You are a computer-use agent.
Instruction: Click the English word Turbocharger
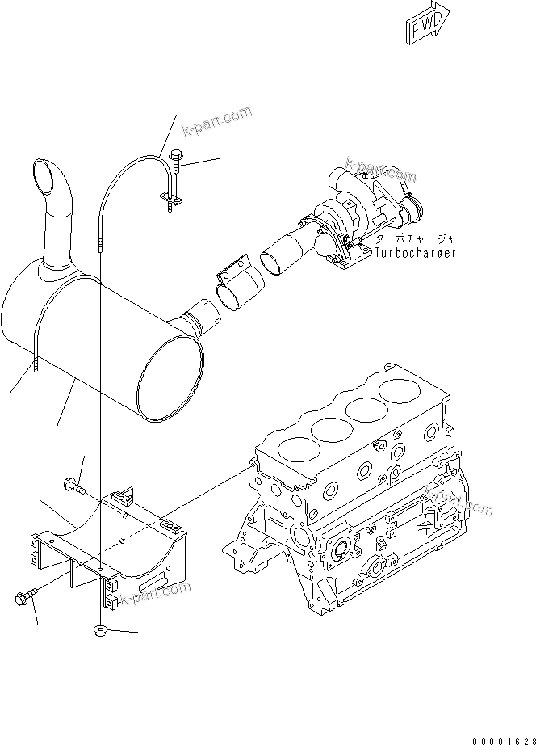click(x=416, y=253)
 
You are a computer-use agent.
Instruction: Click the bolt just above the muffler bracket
click(x=73, y=486)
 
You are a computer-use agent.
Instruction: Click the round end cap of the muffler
click(x=170, y=380)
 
